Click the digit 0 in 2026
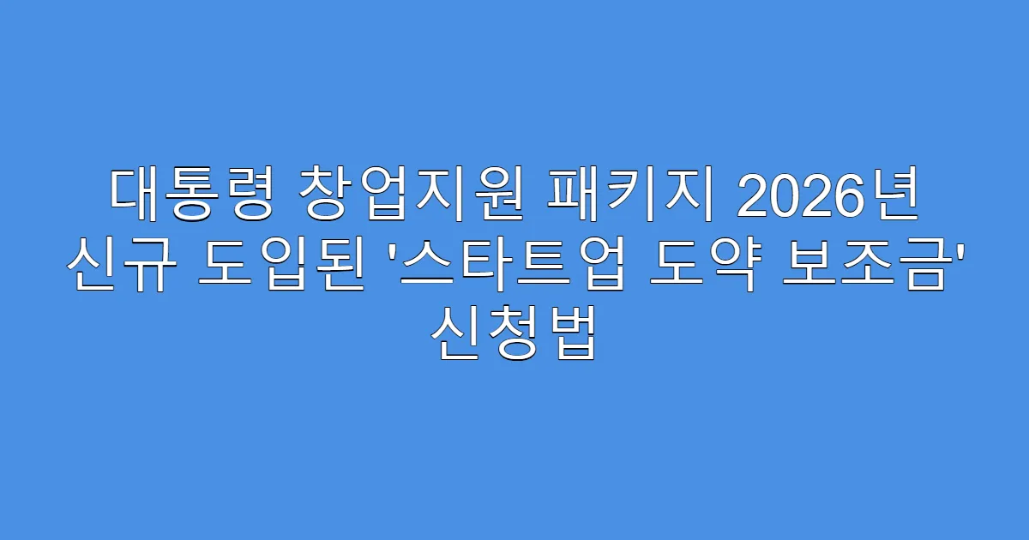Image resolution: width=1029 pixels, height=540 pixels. coord(786,196)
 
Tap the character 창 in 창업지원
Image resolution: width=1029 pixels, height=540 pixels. coord(328,196)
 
